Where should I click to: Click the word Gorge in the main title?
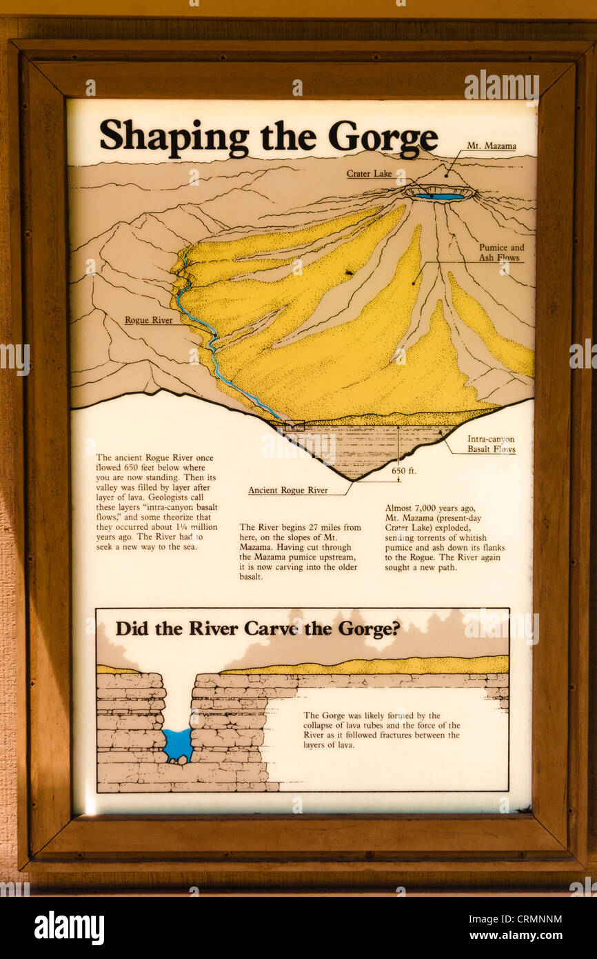click(x=383, y=137)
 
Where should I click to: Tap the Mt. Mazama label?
click(x=491, y=146)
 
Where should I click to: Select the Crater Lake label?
click(x=369, y=174)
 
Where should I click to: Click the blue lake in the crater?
click(x=439, y=197)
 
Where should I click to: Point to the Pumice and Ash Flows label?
click(x=501, y=253)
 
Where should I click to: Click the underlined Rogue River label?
click(x=148, y=320)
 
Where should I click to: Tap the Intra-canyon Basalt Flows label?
click(x=491, y=444)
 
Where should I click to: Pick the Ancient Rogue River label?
click(x=288, y=491)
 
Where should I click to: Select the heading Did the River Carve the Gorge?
click(x=257, y=629)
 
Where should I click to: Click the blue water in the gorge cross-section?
click(x=178, y=744)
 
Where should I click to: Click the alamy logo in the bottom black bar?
click(x=69, y=928)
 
